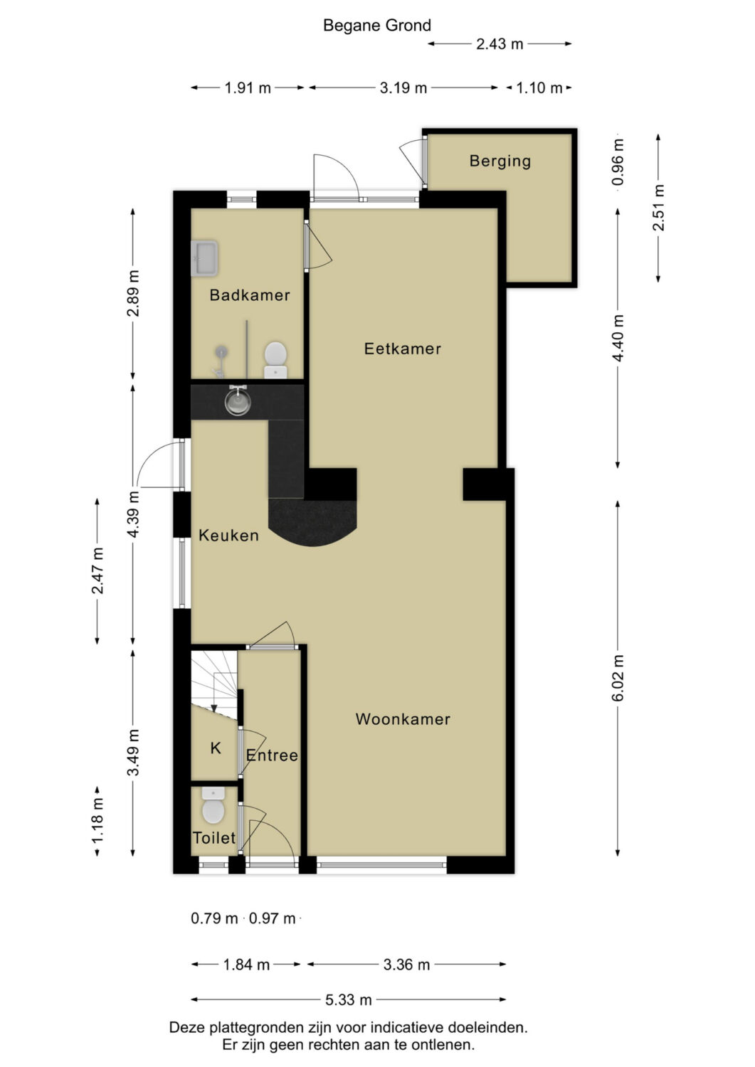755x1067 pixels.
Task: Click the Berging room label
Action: pyautogui.click(x=500, y=161)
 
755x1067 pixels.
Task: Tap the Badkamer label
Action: pyautogui.click(x=250, y=295)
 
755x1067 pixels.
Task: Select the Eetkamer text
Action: pyautogui.click(x=402, y=349)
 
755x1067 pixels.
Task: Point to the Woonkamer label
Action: pyautogui.click(x=403, y=718)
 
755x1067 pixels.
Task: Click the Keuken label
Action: pyautogui.click(x=229, y=536)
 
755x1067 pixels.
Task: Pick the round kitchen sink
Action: pyautogui.click(x=237, y=401)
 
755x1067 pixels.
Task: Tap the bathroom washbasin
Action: pyautogui.click(x=204, y=259)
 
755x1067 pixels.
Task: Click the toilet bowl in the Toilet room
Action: pyautogui.click(x=213, y=805)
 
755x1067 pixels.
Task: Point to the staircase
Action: pyautogui.click(x=214, y=684)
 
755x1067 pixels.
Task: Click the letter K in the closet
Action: pyautogui.click(x=216, y=748)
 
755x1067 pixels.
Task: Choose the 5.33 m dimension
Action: pyautogui.click(x=349, y=999)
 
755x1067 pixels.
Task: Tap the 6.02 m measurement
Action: pyautogui.click(x=618, y=678)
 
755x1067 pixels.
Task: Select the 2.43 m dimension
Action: pyautogui.click(x=500, y=44)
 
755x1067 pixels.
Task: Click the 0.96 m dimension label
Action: pyautogui.click(x=618, y=162)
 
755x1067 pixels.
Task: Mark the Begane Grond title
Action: pyautogui.click(x=377, y=25)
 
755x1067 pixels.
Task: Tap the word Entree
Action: pyautogui.click(x=272, y=755)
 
